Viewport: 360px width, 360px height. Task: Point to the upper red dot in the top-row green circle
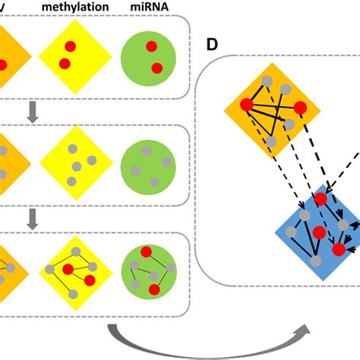[151, 47]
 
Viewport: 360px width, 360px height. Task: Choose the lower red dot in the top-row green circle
[156, 68]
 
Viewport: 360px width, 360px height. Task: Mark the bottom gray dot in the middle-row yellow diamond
[71, 181]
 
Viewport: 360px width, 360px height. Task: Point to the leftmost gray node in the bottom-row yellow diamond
[49, 269]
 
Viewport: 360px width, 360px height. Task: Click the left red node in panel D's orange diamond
[247, 105]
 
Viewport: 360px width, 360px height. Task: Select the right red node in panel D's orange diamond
[299, 109]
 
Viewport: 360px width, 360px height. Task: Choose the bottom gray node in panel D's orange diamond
[273, 142]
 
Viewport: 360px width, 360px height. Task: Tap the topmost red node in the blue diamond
[321, 199]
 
